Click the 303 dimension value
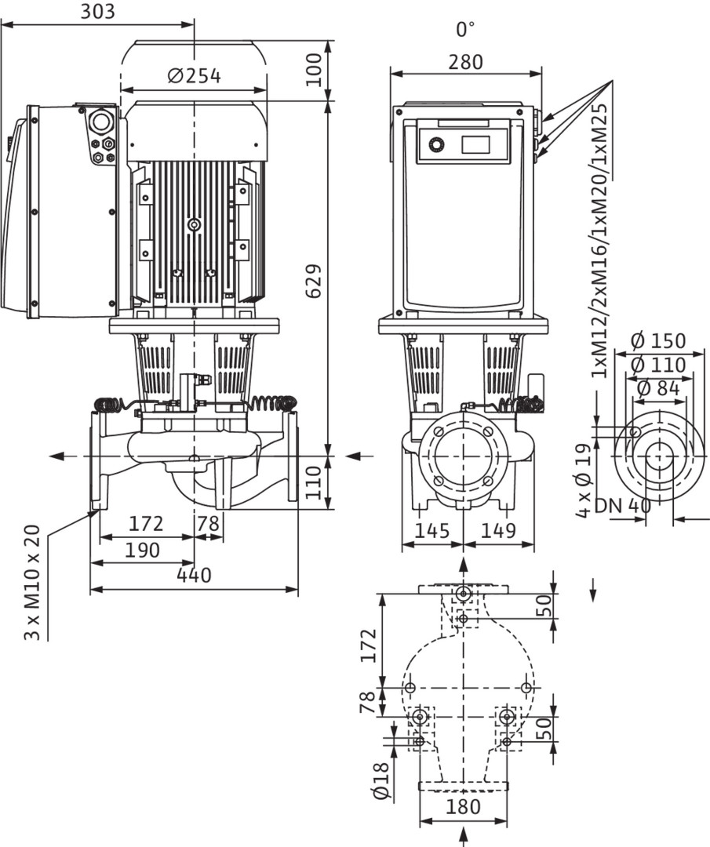[x=98, y=12]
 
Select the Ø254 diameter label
[x=195, y=76]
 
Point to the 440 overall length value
[x=193, y=576]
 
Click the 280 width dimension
[x=465, y=62]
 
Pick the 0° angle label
[x=465, y=30]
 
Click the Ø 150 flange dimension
[x=657, y=341]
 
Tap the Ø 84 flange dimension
[x=658, y=387]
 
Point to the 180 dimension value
[x=463, y=807]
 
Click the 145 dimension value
[x=432, y=531]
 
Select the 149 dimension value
[x=498, y=531]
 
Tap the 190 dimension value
[x=143, y=550]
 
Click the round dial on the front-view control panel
[x=435, y=144]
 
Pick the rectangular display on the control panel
[x=475, y=144]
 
